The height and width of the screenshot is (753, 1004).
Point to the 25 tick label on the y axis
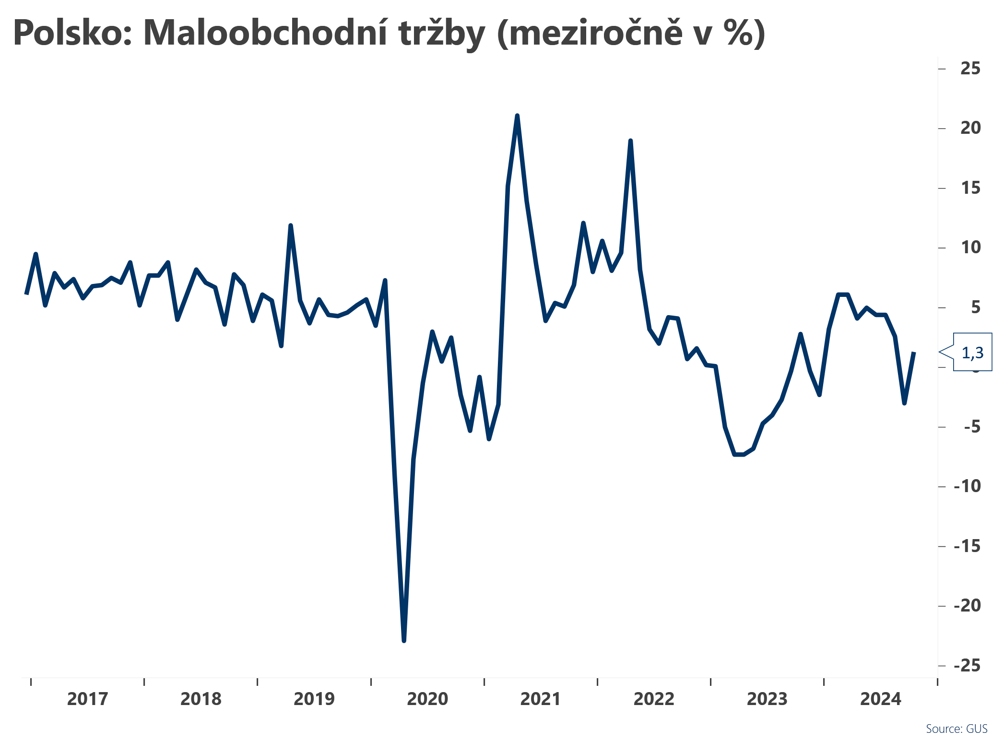[x=970, y=69]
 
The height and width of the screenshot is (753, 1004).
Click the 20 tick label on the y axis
[x=970, y=128]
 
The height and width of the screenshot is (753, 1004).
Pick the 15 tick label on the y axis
[x=970, y=188]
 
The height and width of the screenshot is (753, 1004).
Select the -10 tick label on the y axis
[x=967, y=486]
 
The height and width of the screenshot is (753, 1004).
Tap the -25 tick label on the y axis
[x=967, y=666]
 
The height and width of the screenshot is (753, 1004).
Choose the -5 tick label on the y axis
[x=972, y=427]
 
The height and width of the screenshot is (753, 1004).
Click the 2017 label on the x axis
[x=87, y=699]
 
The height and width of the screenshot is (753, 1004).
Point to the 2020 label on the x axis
[x=427, y=699]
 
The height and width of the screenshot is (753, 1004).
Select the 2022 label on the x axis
[x=654, y=699]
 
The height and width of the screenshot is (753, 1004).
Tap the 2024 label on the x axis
[x=881, y=699]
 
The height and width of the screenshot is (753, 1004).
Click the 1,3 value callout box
[x=972, y=353]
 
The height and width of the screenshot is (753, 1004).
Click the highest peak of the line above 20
[x=517, y=116]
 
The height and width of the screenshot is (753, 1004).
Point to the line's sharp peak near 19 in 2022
[x=630, y=141]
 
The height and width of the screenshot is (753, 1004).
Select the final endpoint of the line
[x=914, y=353]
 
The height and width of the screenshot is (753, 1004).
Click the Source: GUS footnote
[x=957, y=729]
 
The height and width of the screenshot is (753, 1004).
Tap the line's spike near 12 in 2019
[x=291, y=225]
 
